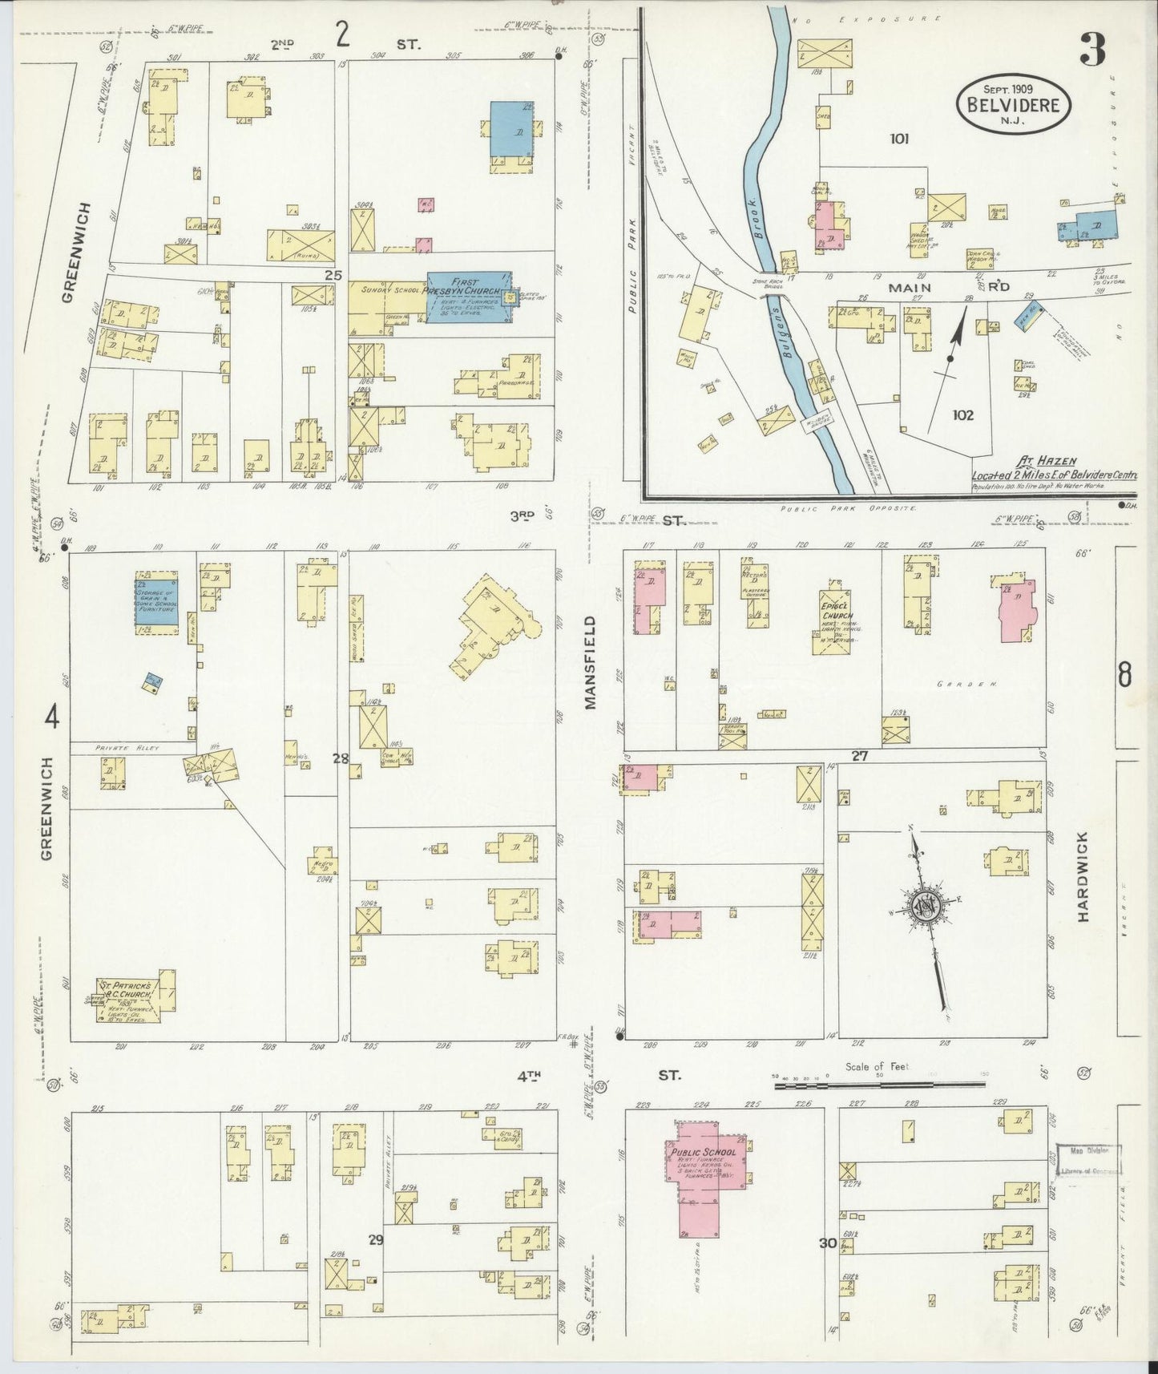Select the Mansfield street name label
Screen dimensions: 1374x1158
[x=591, y=662]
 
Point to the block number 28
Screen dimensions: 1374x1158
[x=341, y=758]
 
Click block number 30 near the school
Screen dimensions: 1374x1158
[x=828, y=1243]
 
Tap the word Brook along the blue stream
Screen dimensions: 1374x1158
[x=756, y=217]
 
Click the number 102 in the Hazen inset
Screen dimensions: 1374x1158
[x=962, y=414]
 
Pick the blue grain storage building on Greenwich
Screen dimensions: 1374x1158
[x=156, y=606]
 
